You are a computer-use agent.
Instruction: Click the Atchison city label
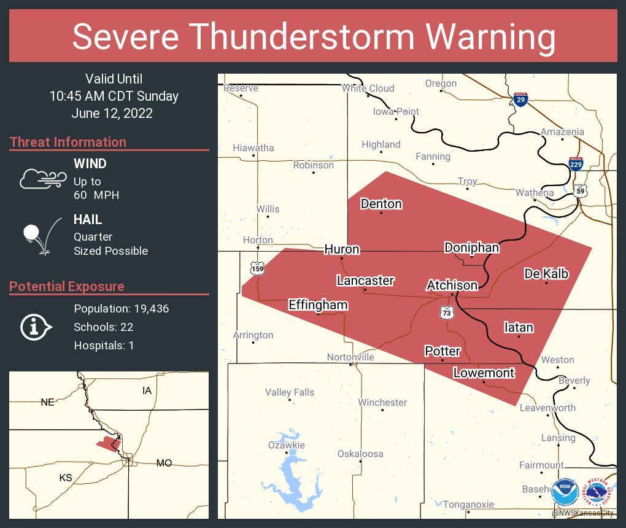[452, 285]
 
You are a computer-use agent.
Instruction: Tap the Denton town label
[381, 204]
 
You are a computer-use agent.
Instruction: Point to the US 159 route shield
[257, 268]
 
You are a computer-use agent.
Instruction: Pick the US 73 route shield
[447, 313]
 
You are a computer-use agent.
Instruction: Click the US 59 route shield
[580, 191]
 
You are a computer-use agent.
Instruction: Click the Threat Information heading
[68, 142]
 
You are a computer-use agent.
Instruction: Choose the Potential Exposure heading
[66, 286]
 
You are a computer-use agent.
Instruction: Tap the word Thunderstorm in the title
[314, 37]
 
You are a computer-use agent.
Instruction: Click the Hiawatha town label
[253, 148]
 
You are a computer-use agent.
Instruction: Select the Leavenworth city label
[547, 408]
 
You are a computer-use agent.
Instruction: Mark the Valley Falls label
[289, 392]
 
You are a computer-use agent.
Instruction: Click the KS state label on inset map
[66, 477]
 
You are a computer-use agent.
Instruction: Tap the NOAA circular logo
[565, 492]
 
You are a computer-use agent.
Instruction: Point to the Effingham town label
[318, 305]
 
